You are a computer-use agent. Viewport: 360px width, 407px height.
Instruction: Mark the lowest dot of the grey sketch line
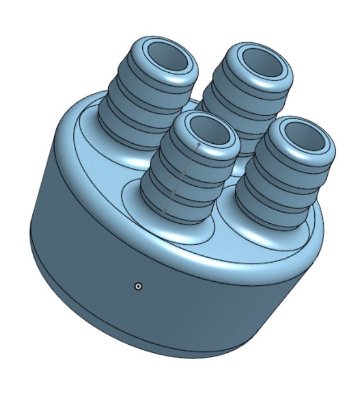coord(164,211)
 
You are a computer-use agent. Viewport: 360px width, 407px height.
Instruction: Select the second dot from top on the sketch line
coord(184,173)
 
